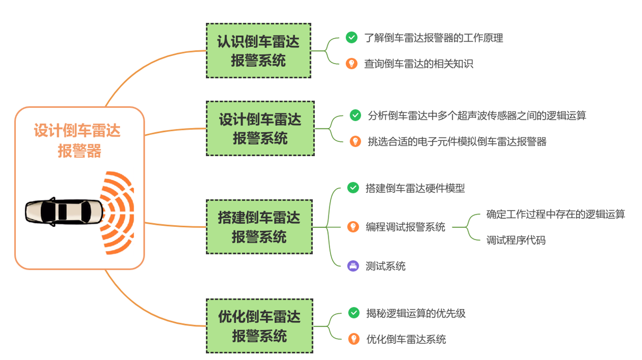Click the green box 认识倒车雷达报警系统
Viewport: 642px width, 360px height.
tap(258, 51)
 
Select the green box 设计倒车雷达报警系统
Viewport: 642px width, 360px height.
tap(260, 128)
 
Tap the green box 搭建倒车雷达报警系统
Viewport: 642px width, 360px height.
tap(259, 227)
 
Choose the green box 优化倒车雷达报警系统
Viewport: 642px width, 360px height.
tap(259, 326)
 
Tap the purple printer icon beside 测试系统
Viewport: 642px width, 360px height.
tap(353, 266)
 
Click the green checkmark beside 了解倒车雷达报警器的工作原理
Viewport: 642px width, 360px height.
tap(352, 38)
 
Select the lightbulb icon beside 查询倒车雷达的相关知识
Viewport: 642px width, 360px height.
tap(352, 64)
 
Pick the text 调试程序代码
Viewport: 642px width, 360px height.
tap(516, 240)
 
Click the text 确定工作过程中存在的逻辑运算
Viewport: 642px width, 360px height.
tap(556, 214)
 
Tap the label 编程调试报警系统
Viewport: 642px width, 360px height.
tap(406, 227)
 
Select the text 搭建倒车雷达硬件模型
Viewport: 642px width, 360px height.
tap(415, 188)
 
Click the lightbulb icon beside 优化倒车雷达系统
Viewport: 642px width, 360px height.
tap(353, 339)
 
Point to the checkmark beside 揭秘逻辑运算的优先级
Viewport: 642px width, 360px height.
tap(353, 313)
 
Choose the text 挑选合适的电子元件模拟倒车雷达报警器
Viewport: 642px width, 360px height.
tap(457, 141)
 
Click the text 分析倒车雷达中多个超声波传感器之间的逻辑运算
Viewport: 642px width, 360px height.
tap(477, 115)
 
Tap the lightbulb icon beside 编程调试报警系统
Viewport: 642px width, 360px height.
tap(353, 227)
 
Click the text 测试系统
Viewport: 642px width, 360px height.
tap(385, 266)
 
